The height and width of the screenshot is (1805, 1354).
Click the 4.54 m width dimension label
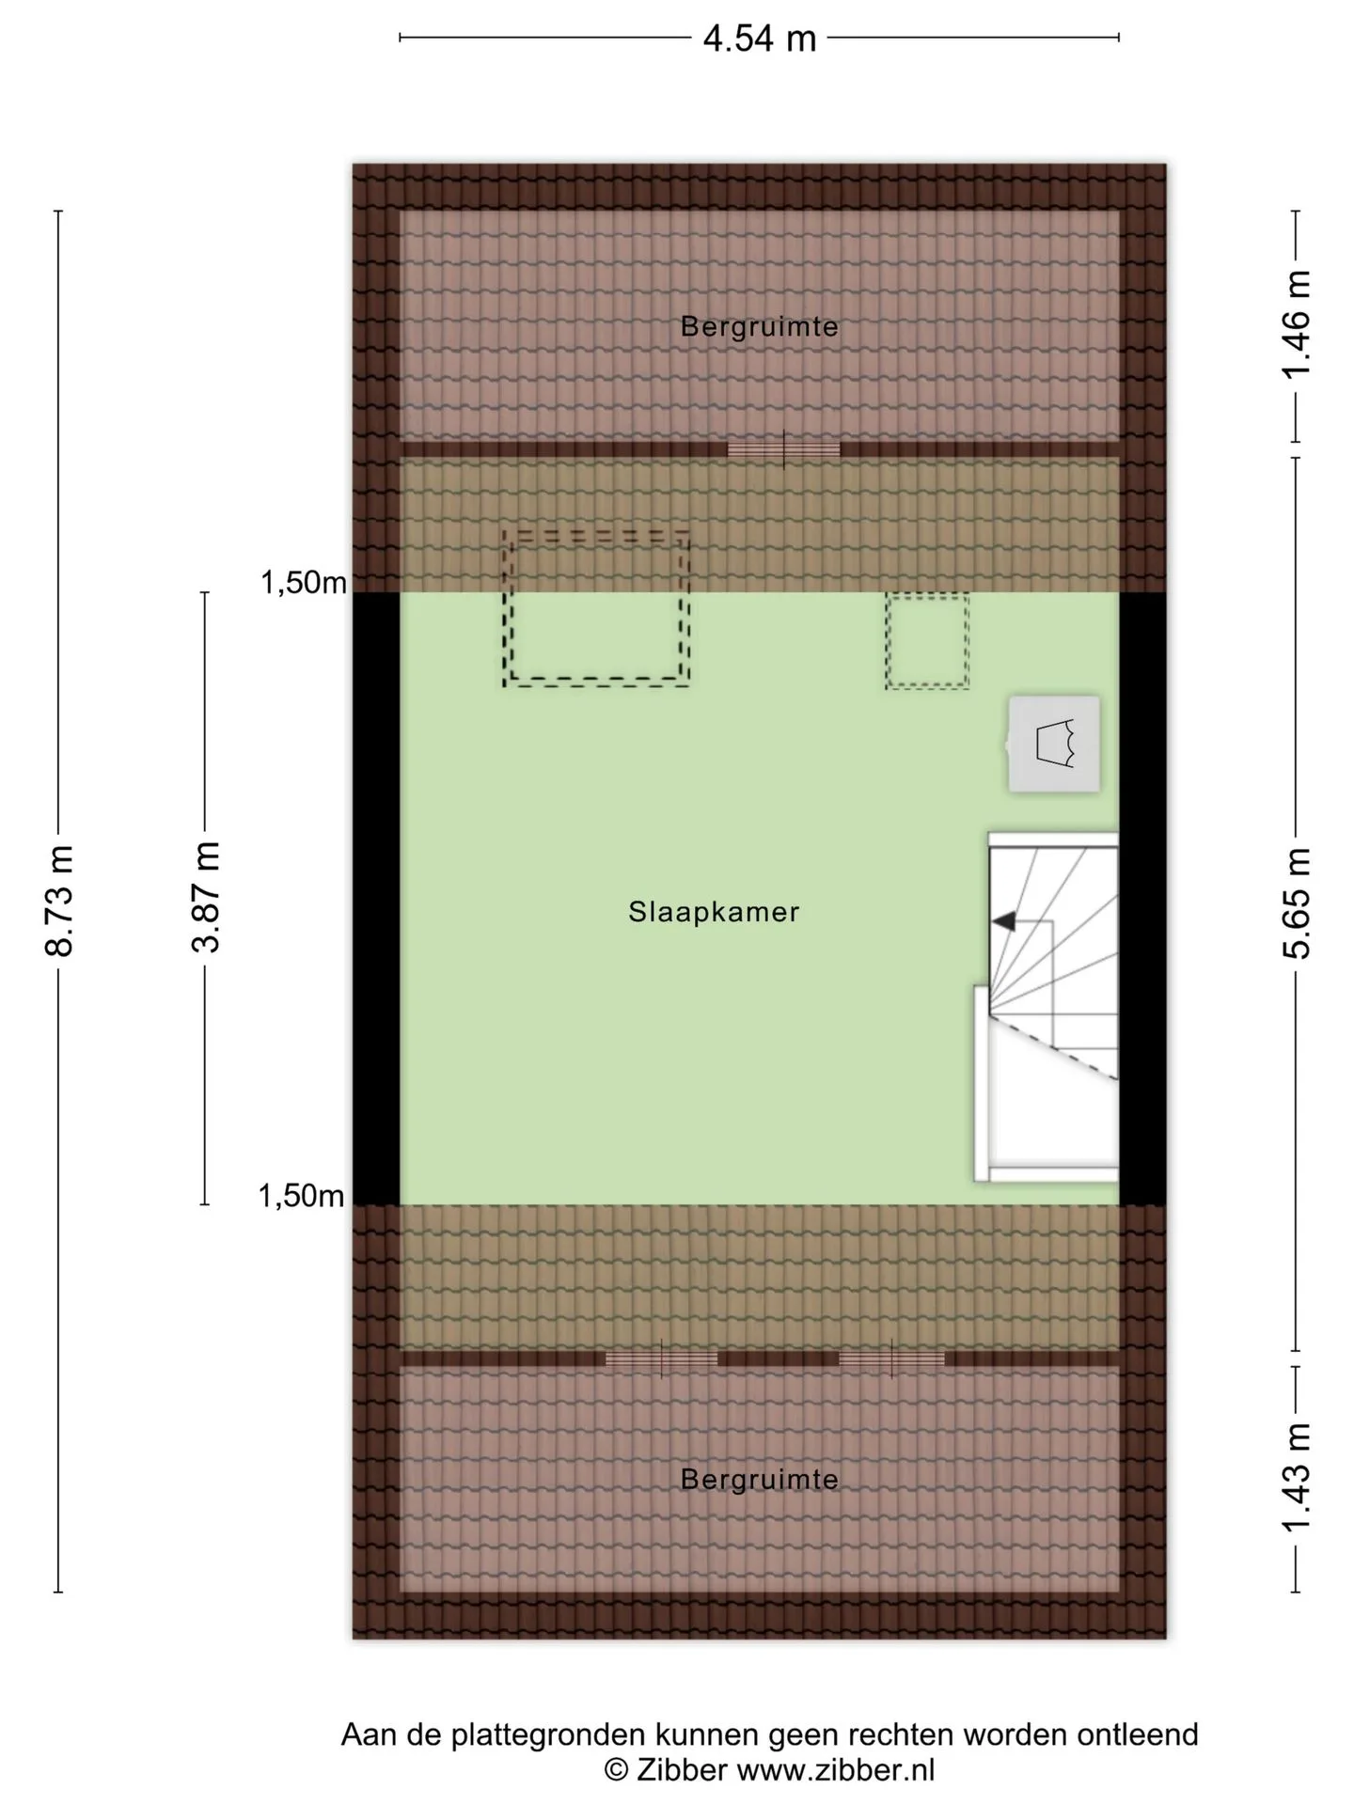tap(759, 39)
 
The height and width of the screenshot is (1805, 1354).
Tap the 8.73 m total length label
tap(59, 900)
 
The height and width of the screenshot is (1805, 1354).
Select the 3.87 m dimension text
tap(206, 896)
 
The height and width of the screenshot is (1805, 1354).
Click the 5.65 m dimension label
tap(1297, 902)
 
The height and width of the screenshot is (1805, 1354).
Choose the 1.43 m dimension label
tap(1297, 1477)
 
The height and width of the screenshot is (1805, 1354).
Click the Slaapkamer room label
tap(714, 911)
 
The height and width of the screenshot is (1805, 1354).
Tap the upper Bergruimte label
tap(760, 326)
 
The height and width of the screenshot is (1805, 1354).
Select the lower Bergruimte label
tap(760, 1479)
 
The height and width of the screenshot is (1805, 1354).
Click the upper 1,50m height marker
tap(304, 583)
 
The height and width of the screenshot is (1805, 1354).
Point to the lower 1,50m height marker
tap(302, 1196)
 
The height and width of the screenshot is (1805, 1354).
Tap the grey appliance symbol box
tap(1054, 744)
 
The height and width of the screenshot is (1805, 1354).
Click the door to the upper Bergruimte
tap(784, 449)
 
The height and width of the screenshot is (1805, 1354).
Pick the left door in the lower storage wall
tap(661, 1359)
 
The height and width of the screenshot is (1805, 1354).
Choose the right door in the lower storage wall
tap(891, 1359)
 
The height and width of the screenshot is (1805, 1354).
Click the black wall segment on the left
tap(376, 899)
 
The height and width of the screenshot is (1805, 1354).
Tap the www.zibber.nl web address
tap(836, 1770)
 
